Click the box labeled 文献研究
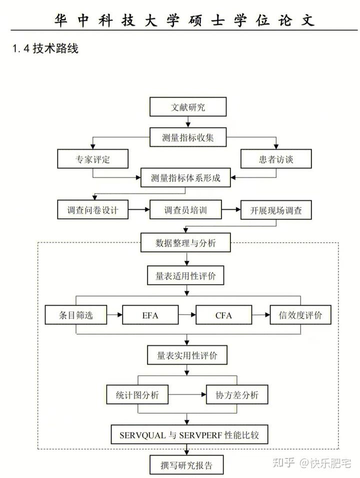coord(188,107)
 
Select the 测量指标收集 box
coord(188,137)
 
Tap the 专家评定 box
coord(92,159)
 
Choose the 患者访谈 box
coord(277,159)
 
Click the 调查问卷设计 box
coord(93,210)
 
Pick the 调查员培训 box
coord(185,210)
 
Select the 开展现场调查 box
coord(276,210)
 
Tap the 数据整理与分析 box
coord(186,243)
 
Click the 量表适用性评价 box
coord(186,276)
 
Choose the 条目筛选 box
coord(76,315)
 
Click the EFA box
coord(150,315)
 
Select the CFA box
coord(223,315)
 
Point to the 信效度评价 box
coord(300,315)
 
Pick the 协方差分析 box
coord(236,395)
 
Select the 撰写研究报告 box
coord(186,465)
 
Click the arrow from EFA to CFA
coord(187,315)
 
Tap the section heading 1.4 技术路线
coord(45,48)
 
